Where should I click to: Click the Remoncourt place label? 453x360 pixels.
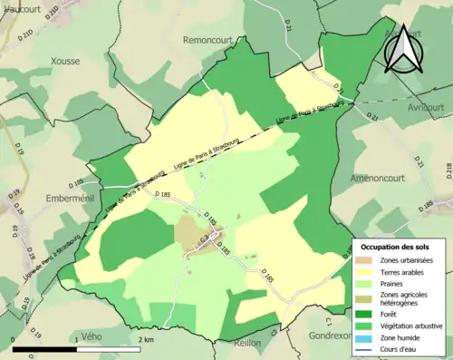209,40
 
